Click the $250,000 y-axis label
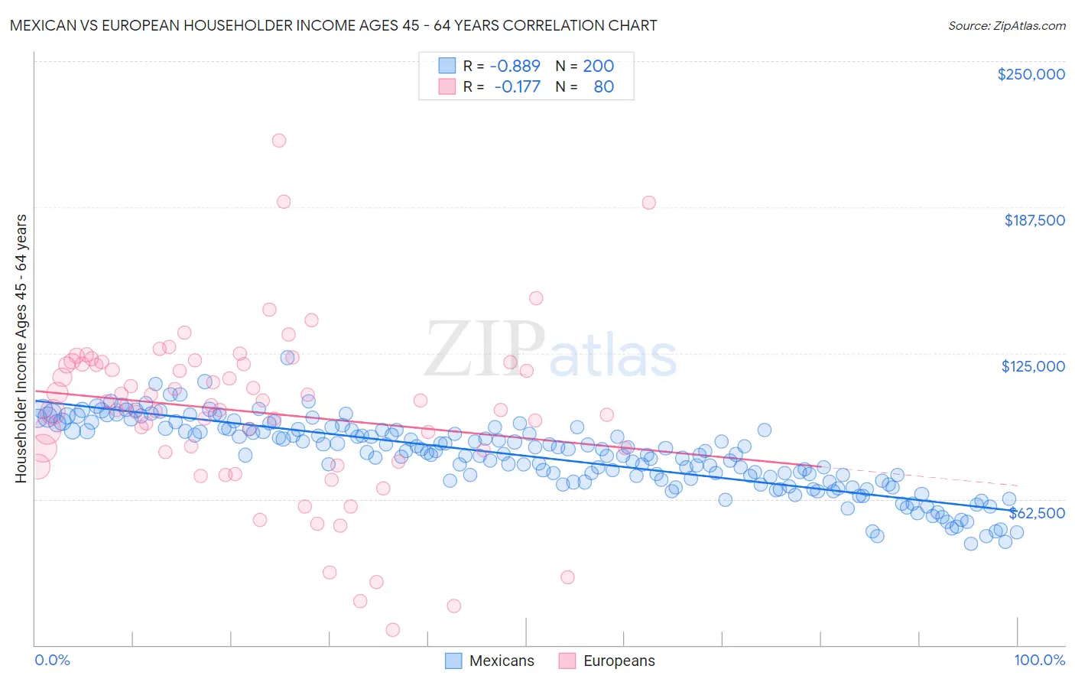[1031, 74]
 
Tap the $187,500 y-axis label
[1034, 220]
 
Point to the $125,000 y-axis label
[1033, 366]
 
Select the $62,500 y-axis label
[1037, 512]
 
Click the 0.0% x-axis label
[53, 660]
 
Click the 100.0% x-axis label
[1039, 660]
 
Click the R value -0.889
[515, 67]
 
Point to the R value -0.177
[517, 86]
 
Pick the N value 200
[598, 67]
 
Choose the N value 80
[603, 86]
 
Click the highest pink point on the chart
[279, 140]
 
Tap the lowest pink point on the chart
[393, 629]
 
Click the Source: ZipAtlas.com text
[1006, 26]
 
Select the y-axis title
[21, 349]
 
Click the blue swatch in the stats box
[447, 66]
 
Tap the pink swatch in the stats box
[447, 86]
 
